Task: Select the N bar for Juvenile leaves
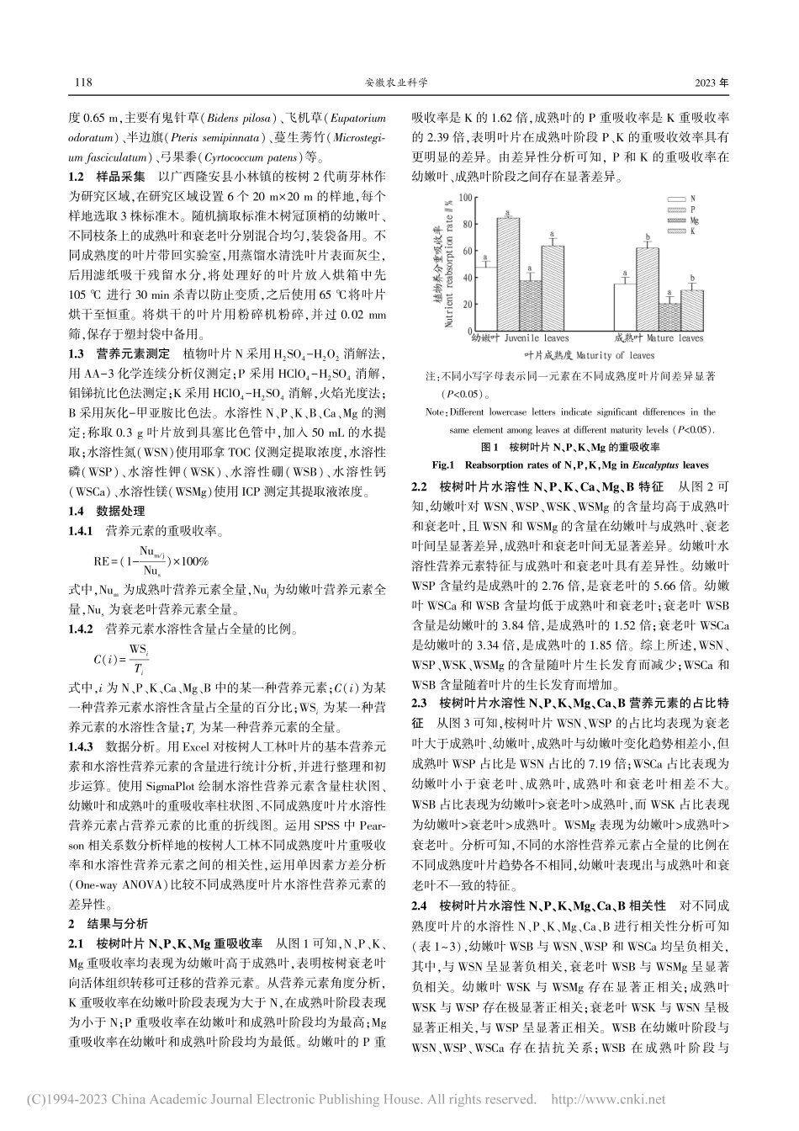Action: pos(485,299)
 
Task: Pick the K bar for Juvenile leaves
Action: pos(552,287)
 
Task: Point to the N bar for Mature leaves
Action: pos(623,307)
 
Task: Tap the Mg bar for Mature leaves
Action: pos(669,316)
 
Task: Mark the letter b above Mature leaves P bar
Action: pos(647,238)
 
